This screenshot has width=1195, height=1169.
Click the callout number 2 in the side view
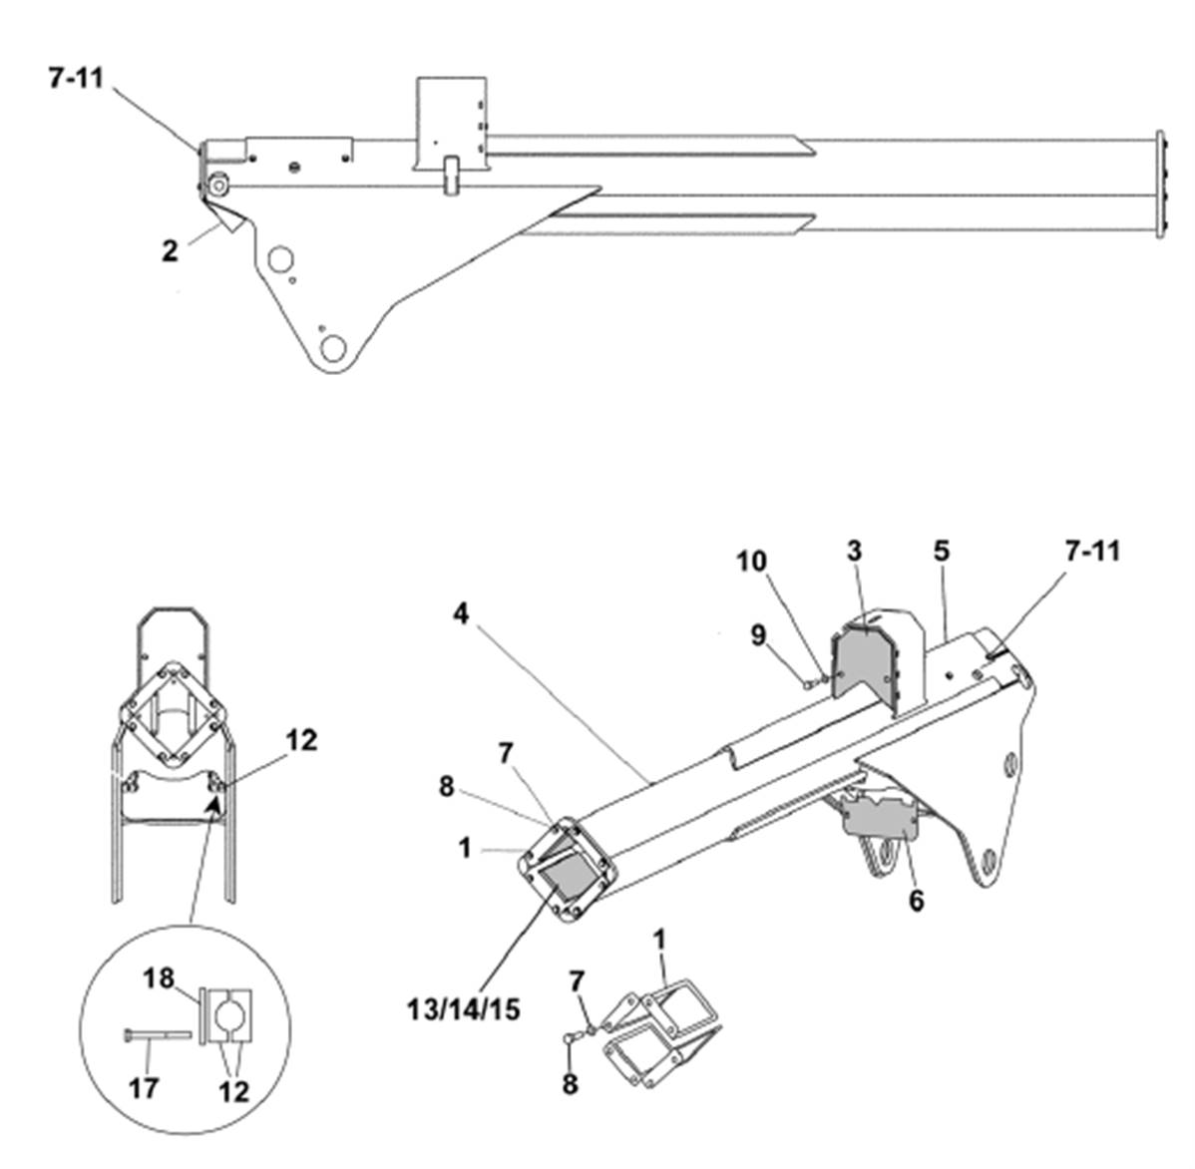click(170, 250)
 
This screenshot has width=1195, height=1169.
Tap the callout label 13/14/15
click(464, 1009)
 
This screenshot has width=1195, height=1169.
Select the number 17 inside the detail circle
click(144, 1088)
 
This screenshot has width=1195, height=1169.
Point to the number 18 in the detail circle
click(159, 978)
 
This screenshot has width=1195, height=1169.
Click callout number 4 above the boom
click(460, 612)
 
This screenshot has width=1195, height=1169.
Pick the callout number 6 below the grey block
click(916, 901)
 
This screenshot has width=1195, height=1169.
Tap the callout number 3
click(854, 551)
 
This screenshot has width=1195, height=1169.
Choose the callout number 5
click(942, 551)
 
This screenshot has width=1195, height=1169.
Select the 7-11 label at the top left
click(76, 77)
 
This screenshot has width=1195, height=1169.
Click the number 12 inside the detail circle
click(234, 1091)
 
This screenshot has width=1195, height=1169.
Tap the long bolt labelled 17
click(157, 1034)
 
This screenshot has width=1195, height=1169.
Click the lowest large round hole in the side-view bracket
click(333, 349)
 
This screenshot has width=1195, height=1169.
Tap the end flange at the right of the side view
click(1160, 185)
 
